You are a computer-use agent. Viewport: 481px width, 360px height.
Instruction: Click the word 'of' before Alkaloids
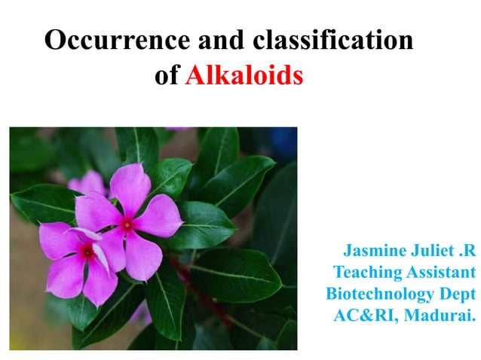166,75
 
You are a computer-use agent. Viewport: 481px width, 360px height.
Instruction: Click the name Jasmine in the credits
375,249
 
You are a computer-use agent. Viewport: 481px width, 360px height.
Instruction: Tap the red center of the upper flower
127,224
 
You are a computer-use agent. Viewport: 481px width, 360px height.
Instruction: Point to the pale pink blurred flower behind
87,183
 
